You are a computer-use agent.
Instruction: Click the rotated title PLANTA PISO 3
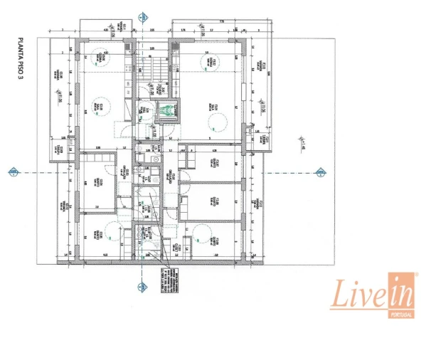tap(21, 60)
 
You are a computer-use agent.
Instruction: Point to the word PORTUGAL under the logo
tap(400, 314)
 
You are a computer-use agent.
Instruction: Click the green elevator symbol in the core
tap(166, 110)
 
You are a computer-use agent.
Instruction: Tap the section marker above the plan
tap(144, 16)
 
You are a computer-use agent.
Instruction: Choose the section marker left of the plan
tap(12, 171)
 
